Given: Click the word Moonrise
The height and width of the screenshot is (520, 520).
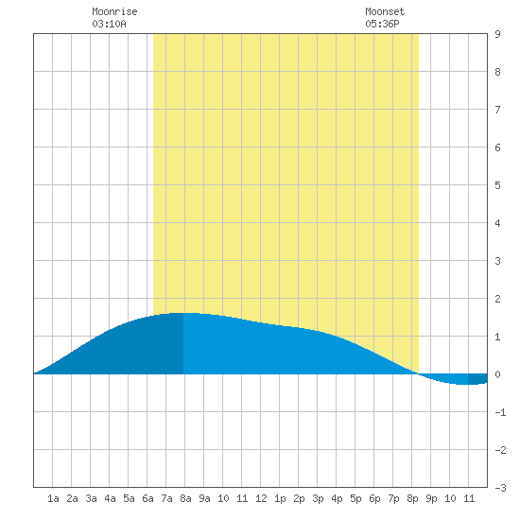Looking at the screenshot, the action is pos(114,11).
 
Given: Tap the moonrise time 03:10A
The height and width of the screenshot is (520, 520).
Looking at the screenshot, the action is pos(109,24).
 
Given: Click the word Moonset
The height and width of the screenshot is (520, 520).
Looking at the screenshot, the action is pos(385,11).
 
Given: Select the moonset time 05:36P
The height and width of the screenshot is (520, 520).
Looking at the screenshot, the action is pos(382,24).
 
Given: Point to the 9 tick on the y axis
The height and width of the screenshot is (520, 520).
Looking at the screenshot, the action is pos(497,34).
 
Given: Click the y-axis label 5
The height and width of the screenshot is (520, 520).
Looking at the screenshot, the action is pos(497,185).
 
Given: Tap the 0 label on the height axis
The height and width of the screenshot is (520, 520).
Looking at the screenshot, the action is pos(497,374).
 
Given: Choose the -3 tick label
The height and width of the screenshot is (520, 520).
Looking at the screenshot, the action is pos(500,488).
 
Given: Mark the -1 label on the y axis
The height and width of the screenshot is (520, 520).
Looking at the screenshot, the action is pos(500,412).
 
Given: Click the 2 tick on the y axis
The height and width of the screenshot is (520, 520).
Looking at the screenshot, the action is pos(497,299).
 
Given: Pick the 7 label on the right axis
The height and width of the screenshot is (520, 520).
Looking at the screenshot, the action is pos(497,110).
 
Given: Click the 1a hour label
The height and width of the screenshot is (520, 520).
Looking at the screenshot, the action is pos(53,498).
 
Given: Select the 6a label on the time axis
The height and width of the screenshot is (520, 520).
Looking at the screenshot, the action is pos(147,498).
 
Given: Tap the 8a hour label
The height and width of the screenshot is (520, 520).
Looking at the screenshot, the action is pos(185,498).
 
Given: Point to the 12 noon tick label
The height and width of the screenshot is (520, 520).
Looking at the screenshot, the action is pos(261,498).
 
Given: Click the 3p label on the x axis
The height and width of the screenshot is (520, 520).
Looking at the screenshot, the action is pos(318,498).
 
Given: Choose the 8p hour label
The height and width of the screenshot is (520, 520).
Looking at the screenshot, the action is pos(412,498).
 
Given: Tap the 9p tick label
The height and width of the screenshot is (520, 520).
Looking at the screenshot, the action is pos(431,498).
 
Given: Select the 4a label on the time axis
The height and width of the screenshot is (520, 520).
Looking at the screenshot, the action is pos(110,498).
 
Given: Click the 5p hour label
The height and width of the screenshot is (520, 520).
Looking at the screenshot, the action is pos(355,498).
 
